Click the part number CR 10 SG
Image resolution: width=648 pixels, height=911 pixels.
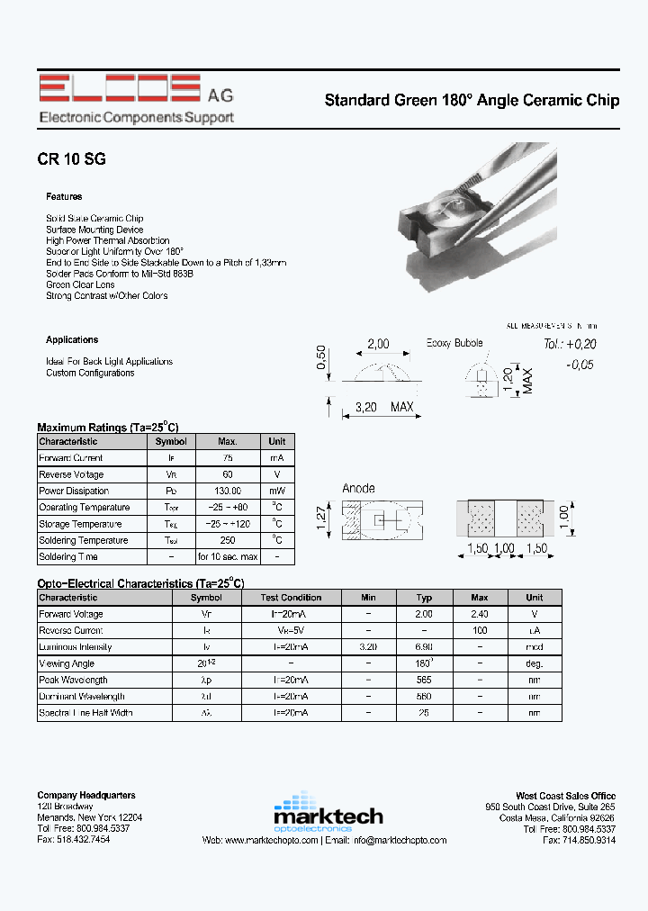[x=72, y=158]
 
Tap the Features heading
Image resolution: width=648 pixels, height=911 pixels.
[x=64, y=196]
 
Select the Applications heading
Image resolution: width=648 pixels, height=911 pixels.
[x=72, y=339]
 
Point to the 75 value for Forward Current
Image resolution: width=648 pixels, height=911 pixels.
[x=228, y=458]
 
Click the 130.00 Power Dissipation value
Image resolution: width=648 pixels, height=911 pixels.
[x=228, y=491]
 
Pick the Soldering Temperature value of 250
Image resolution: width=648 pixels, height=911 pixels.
[x=228, y=540]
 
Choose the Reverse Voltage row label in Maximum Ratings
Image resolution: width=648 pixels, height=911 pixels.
[x=71, y=474]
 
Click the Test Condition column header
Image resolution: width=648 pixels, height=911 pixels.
[x=291, y=597]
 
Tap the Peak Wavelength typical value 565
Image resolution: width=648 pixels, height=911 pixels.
[x=425, y=680]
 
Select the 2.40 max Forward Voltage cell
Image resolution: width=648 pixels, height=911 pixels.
[x=480, y=614]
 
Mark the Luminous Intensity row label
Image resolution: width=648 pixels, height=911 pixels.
[x=76, y=646]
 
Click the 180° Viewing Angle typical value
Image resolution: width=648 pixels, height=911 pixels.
[x=425, y=663]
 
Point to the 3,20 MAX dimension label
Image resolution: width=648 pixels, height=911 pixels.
[x=383, y=407]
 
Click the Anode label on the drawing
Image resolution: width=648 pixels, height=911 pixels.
[x=358, y=489]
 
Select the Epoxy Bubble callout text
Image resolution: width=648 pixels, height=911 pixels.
[x=454, y=343]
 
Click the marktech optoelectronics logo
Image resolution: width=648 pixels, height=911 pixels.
[x=328, y=813]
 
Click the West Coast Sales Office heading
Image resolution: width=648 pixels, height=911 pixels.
[x=565, y=796]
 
